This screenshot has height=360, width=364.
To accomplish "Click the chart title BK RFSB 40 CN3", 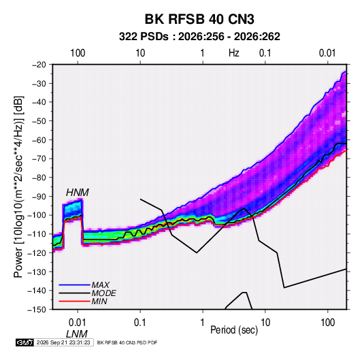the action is click(199, 19).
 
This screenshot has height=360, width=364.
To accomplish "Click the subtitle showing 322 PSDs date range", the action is click(199, 37).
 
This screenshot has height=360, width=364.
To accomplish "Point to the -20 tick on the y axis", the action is click(39, 65).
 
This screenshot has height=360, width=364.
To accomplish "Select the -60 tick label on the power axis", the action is click(39, 140).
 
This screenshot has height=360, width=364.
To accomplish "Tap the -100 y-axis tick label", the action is click(37, 215).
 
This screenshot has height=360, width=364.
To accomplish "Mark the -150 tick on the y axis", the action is click(37, 310).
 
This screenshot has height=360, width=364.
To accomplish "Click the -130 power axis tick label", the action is click(37, 272).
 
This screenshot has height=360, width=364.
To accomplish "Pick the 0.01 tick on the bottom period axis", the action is click(78, 323).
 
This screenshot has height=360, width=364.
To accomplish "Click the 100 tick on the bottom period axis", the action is click(327, 323).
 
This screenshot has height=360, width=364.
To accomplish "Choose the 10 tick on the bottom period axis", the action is click(265, 323).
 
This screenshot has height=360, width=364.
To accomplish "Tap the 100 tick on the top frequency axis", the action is click(78, 53).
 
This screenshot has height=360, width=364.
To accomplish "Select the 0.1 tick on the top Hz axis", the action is click(265, 53).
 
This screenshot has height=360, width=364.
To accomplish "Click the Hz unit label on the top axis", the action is click(234, 53).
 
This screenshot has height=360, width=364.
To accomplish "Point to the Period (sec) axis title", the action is click(234, 330).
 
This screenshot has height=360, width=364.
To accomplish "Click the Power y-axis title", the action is click(18, 186).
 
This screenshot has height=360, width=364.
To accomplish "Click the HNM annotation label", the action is click(78, 193).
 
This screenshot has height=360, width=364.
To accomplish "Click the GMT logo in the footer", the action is click(24, 342).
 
